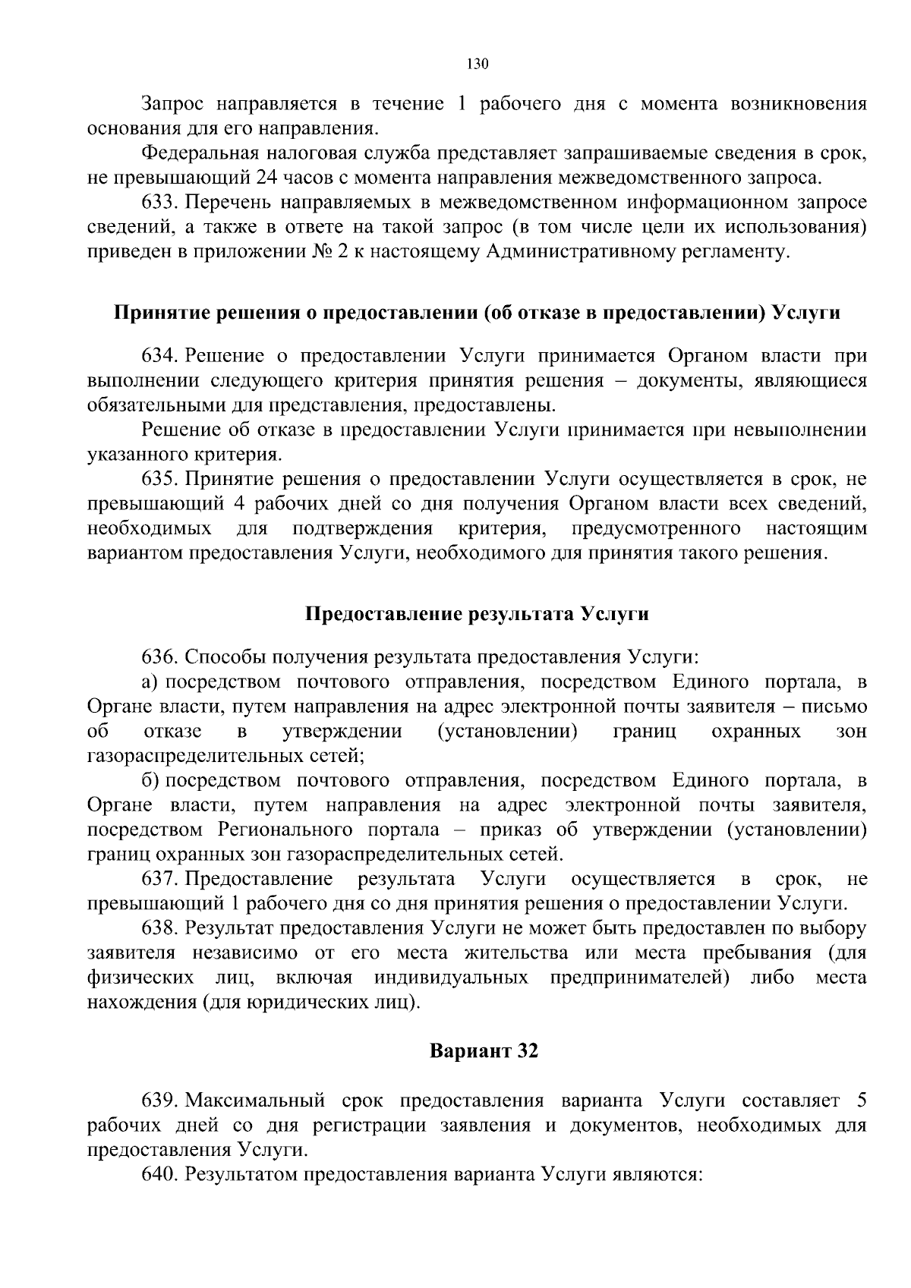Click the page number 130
pos(476,64)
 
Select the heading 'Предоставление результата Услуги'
pos(477,613)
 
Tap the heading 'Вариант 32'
pos(484,1051)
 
